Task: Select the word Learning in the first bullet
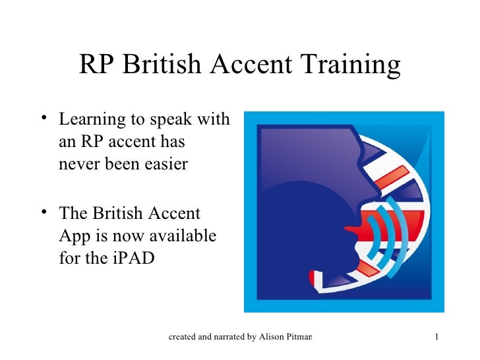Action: [x=90, y=120]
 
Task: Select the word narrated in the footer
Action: [x=226, y=338]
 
